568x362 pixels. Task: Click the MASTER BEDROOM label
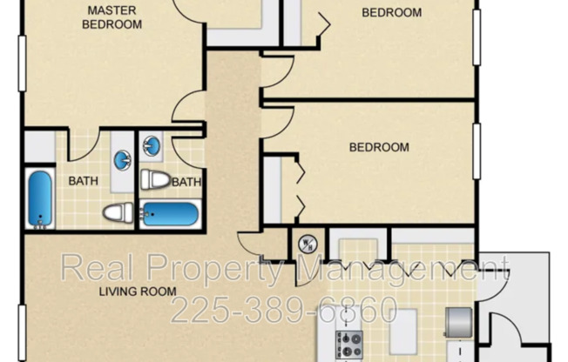112,17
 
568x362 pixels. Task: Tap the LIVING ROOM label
137,292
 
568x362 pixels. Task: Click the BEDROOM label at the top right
391,13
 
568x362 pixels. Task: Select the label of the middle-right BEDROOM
379,147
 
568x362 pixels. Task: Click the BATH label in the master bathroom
83,182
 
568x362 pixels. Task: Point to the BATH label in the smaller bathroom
186,182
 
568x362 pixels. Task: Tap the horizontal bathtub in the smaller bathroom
172,213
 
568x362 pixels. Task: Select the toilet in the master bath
118,211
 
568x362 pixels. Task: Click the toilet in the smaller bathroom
155,180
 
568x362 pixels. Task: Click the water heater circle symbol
306,245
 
